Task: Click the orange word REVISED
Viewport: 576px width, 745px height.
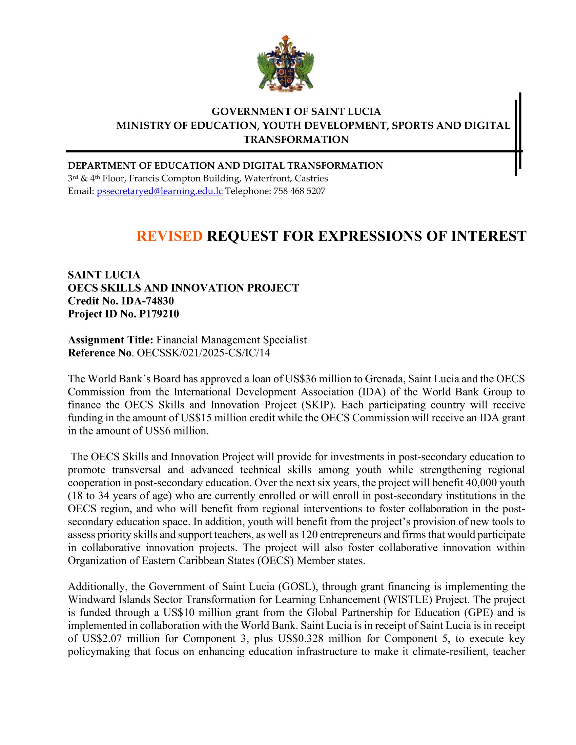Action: [169, 236]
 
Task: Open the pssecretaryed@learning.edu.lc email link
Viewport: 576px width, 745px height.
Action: [160, 191]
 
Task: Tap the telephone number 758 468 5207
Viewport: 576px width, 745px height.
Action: [299, 191]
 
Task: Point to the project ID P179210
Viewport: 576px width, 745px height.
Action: [159, 314]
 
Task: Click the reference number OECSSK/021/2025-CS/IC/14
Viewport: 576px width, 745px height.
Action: [203, 353]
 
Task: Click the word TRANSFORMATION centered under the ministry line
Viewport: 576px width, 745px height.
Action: [296, 140]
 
